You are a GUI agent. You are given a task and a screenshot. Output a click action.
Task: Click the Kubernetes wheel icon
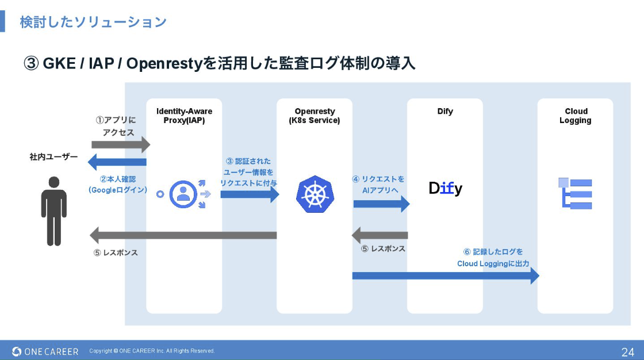coord(315,194)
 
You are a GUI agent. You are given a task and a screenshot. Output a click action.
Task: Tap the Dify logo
coord(446,188)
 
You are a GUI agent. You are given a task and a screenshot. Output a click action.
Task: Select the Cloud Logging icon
coord(575,193)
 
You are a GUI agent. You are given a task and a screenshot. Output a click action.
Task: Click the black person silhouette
coord(53,210)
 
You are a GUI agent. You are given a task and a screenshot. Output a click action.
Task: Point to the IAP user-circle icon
coord(183,194)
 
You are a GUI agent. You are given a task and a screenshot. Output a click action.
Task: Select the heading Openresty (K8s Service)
coord(315,116)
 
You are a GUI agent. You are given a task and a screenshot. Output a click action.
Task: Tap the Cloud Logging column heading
coord(576,116)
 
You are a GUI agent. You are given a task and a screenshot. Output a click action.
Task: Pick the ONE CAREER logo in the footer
coord(45,351)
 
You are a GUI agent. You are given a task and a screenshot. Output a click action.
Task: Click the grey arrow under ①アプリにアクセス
coord(120,144)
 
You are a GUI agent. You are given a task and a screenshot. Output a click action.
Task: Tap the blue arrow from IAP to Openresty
coord(250,194)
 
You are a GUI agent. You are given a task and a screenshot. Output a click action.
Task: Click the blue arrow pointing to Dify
coord(381,203)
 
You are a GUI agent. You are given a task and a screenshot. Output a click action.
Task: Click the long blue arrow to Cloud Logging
coord(446,276)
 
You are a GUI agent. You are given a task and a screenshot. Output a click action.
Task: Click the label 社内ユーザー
coord(53,156)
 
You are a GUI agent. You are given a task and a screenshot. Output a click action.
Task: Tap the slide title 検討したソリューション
coord(93,22)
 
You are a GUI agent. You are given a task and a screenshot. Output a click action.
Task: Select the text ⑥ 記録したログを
coord(493,252)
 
